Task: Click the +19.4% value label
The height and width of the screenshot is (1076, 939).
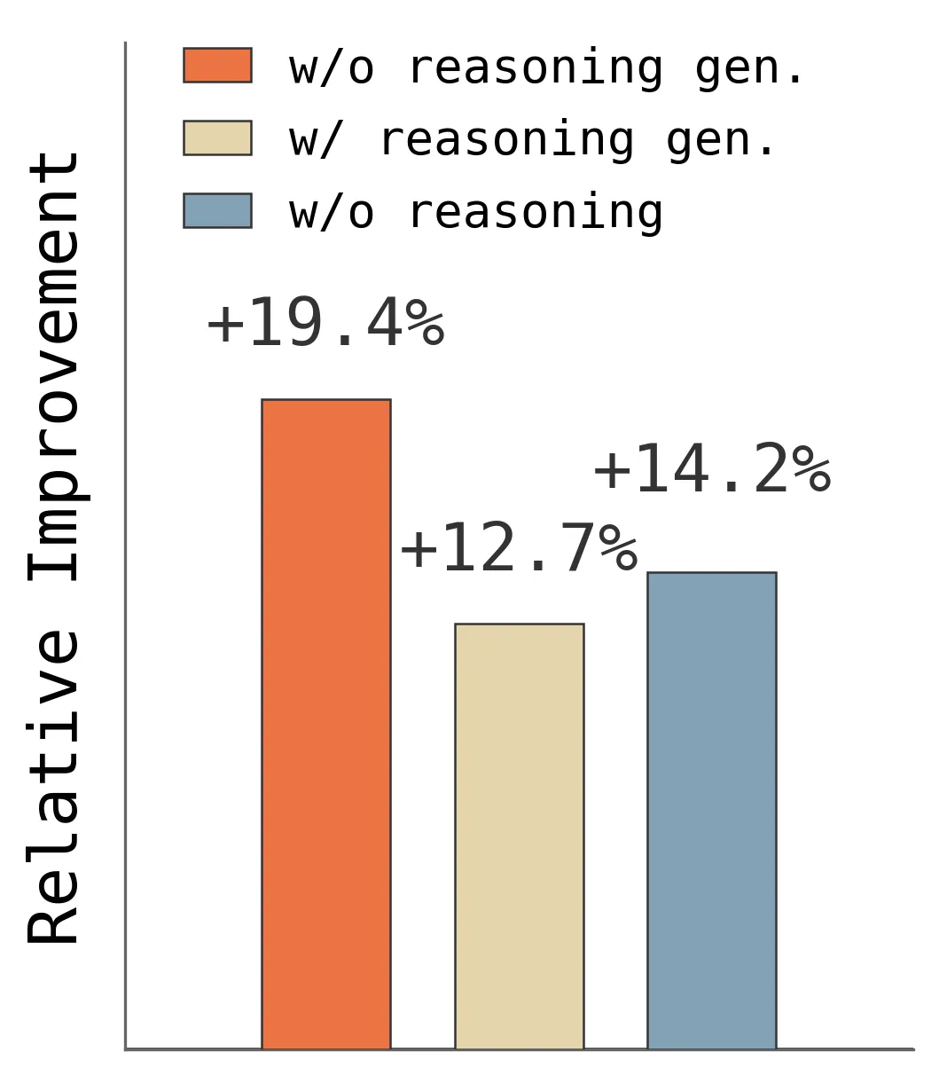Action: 326,322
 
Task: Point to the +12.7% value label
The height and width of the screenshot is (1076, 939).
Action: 519,546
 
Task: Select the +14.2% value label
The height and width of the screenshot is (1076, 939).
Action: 712,468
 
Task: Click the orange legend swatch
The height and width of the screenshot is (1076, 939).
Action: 217,66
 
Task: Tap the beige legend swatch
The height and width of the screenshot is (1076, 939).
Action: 217,137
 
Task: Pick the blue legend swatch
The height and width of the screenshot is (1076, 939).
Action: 217,210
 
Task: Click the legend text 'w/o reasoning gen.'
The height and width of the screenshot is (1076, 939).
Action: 545,68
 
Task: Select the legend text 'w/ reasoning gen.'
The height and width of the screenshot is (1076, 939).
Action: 531,141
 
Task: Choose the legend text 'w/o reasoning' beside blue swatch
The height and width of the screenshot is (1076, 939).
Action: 476,214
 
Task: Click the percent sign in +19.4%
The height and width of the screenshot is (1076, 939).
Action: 426,322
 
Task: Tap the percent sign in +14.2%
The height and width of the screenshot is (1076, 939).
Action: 812,468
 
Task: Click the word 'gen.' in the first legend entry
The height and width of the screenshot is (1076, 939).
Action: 749,70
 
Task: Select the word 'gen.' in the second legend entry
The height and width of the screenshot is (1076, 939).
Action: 720,143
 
